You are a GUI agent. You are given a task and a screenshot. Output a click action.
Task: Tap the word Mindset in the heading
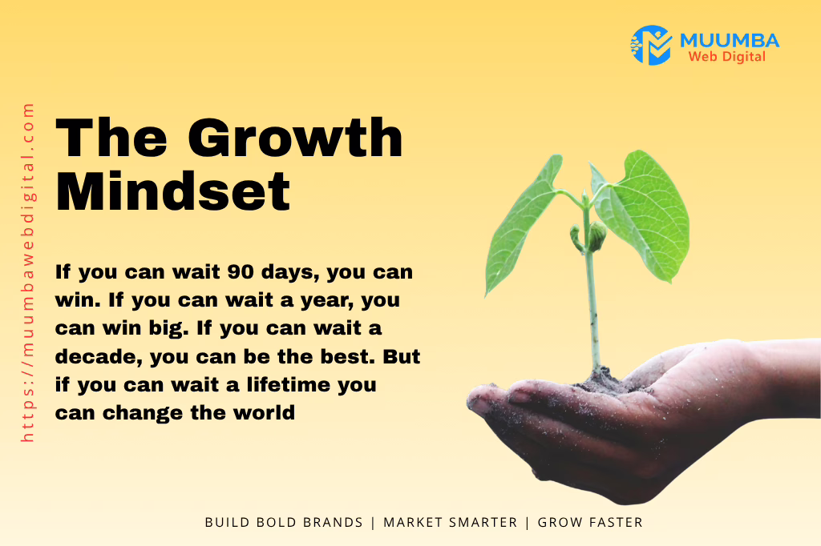(172, 191)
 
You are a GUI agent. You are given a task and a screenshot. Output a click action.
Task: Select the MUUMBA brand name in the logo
(728, 40)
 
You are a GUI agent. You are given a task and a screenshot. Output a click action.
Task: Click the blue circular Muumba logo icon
(650, 45)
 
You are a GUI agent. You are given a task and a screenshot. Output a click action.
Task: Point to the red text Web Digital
(726, 57)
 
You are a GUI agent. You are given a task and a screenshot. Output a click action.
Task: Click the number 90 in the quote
(241, 272)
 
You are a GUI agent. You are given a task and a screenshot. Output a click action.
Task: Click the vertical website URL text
(29, 272)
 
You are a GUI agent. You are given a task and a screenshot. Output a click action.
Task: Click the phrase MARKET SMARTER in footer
(450, 522)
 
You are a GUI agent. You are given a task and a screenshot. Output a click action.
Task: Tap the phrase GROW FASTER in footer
(590, 522)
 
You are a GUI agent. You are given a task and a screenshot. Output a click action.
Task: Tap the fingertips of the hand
(485, 400)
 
